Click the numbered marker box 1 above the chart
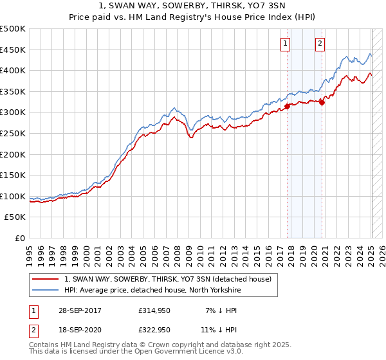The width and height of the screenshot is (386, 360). tap(285, 44)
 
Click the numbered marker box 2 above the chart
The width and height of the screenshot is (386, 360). tap(320, 44)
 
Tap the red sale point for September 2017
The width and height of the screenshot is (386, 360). tap(288, 107)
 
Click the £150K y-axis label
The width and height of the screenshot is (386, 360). tap(13, 175)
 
